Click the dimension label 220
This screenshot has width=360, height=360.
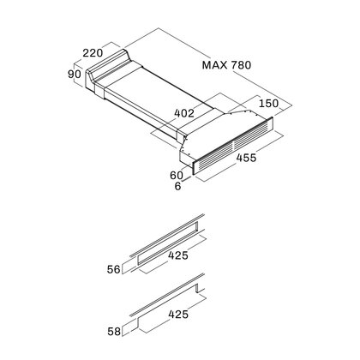point(93,53)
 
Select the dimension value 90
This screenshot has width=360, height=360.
point(75,75)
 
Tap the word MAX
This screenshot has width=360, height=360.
point(215,65)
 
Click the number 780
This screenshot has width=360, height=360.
point(241,65)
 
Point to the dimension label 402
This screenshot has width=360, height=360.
point(184,113)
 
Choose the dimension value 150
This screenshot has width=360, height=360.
point(268,103)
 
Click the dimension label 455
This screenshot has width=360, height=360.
point(246,158)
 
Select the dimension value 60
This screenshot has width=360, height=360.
point(177,175)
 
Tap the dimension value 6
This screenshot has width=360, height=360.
point(177,186)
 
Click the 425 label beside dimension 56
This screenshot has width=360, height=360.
point(178,255)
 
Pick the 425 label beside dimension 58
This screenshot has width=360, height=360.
point(178,315)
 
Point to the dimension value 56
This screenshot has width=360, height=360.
point(114,269)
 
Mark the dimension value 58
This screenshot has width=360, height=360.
point(114,332)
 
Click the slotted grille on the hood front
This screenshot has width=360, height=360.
point(233,146)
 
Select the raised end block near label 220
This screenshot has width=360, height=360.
point(109,67)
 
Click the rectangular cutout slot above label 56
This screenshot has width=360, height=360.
point(167,243)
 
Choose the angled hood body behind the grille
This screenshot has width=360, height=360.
point(217,131)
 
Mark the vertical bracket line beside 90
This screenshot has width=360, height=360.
point(74,74)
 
